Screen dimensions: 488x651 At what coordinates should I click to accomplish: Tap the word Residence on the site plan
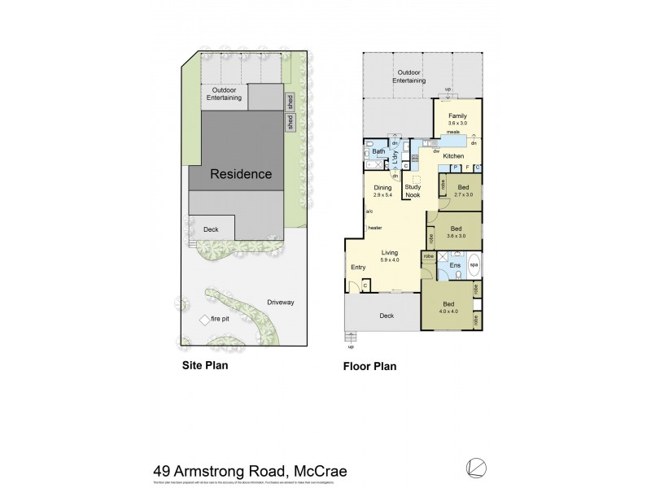tap(241, 174)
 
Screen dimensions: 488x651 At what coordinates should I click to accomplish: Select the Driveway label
tap(280, 303)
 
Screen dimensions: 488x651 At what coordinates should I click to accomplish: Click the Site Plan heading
tap(204, 366)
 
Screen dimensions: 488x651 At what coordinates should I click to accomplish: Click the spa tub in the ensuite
tap(474, 266)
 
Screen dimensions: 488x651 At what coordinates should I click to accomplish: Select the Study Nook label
tap(413, 189)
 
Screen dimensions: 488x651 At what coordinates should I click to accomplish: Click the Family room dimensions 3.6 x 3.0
tap(457, 123)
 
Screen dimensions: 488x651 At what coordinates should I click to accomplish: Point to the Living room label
tap(390, 253)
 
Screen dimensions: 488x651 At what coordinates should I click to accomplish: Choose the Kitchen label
tap(453, 155)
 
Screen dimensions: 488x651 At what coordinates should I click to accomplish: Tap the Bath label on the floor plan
tap(378, 152)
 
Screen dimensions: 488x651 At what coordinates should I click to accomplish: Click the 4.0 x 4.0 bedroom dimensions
tap(448, 311)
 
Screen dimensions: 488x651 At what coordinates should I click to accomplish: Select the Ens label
tap(455, 266)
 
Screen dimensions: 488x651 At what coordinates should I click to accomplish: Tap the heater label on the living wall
tap(374, 228)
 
